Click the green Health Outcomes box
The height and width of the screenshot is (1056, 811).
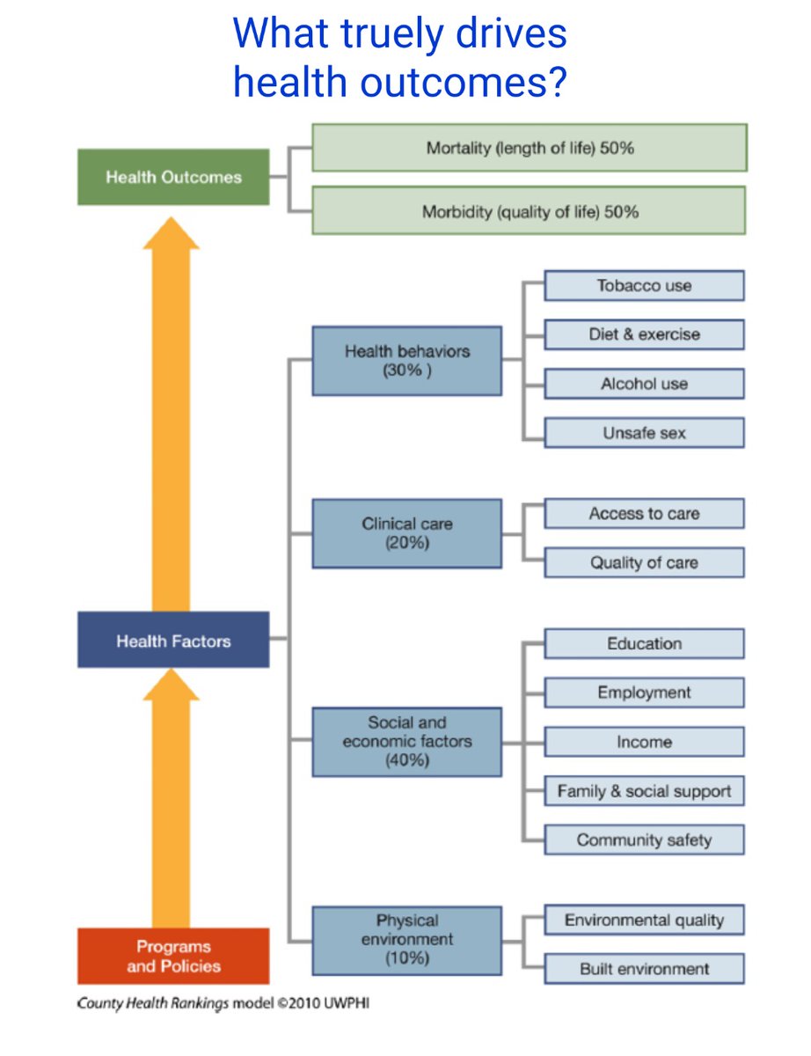pos(173,177)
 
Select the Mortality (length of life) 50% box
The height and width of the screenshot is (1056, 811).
pos(530,148)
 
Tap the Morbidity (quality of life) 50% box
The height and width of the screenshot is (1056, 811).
pos(530,211)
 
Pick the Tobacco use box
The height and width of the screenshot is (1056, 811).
pos(644,286)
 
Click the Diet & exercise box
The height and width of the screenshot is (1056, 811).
pos(644,334)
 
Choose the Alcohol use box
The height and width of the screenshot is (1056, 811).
pos(644,384)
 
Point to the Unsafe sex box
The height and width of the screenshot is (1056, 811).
pos(644,433)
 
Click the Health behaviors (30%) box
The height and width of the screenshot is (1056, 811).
pos(406,361)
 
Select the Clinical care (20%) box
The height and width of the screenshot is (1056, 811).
pos(406,533)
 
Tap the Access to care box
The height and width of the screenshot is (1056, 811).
pos(644,514)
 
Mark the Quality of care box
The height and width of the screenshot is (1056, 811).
pos(644,563)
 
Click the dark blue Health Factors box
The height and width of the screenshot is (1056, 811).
pos(173,641)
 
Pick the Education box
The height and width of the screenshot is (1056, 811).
pos(644,643)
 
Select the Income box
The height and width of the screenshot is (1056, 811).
pos(644,742)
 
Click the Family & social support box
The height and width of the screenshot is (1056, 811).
pos(644,791)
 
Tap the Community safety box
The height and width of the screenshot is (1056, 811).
pos(644,840)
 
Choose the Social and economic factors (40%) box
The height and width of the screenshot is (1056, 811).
pos(406,741)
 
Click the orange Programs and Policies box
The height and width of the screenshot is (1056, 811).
pos(173,957)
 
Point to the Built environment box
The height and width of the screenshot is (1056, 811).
pos(644,969)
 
